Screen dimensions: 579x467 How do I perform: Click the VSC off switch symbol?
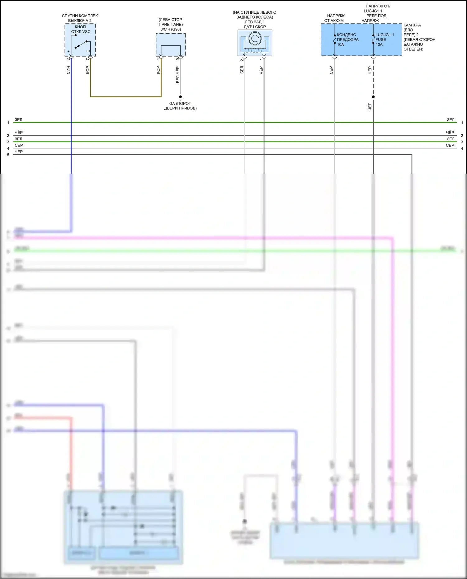coord(80,44)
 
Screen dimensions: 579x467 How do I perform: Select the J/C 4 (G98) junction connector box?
coord(171,45)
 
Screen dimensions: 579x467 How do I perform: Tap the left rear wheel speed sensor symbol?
coord(255,43)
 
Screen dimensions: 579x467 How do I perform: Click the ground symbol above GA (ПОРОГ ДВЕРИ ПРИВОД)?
coord(180,97)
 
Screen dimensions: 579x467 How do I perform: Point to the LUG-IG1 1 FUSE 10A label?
coord(384,40)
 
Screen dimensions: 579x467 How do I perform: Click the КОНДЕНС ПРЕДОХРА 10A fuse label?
coord(347,40)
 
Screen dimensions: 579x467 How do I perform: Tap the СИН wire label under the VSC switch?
coord(68,70)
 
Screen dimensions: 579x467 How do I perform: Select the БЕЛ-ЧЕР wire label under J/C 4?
coord(178,75)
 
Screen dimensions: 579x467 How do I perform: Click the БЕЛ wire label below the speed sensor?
coord(242,70)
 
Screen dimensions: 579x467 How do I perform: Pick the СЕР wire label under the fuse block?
coord(331,70)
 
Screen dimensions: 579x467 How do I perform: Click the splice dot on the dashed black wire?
coord(373,97)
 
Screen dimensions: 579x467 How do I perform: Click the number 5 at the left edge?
coord(8,155)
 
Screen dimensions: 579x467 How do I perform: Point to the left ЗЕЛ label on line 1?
coord(18,120)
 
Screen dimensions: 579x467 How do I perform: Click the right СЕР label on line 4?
coord(450,145)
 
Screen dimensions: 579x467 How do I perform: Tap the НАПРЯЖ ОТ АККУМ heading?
coord(335,18)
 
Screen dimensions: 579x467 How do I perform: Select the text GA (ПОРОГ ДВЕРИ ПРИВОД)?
coord(180,106)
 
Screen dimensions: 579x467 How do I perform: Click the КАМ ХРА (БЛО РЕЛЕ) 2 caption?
coord(419,37)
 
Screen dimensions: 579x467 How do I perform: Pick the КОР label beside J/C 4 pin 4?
coord(158,70)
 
